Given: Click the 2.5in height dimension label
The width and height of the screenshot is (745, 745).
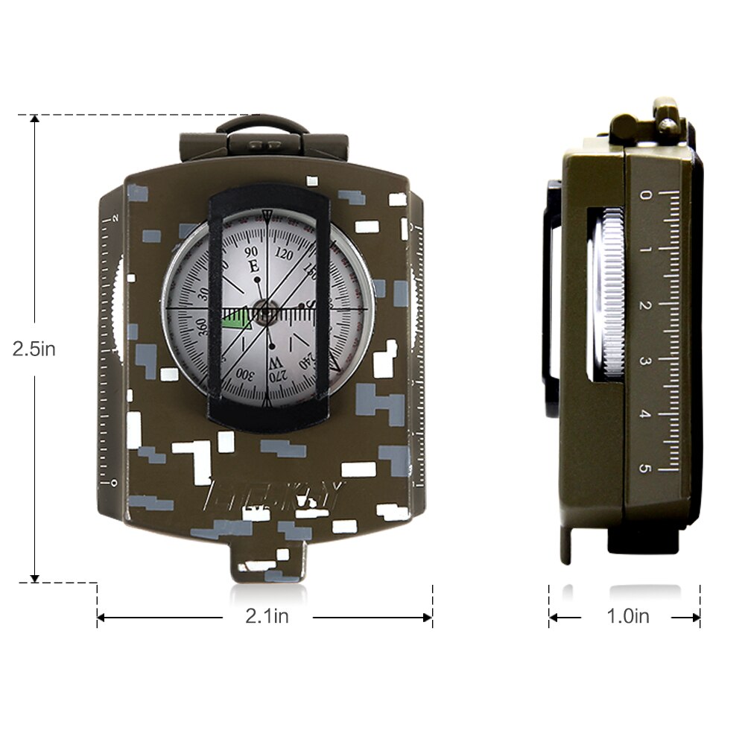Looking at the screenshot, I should click(x=34, y=349).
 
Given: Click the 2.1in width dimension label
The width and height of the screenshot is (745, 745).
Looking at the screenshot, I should click(x=267, y=616).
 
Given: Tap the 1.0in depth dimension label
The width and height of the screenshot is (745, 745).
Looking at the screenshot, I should click(x=627, y=616).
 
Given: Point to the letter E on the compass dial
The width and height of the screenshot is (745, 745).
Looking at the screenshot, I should click(x=253, y=266).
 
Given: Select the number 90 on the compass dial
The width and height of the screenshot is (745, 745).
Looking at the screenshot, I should click(x=252, y=251).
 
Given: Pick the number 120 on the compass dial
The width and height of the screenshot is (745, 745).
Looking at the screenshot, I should click(x=284, y=253).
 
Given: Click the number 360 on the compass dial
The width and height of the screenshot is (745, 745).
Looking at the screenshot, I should click(x=200, y=328).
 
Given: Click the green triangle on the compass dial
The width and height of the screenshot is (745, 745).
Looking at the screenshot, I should click(x=237, y=319).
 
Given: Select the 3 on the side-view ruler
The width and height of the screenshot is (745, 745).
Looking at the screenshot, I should click(x=646, y=360).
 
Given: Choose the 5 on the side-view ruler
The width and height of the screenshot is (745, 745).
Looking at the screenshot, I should click(x=646, y=468).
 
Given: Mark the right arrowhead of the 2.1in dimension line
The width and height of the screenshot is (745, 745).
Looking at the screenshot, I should click(x=428, y=617).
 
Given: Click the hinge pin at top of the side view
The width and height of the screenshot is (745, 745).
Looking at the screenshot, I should click(x=666, y=112).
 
